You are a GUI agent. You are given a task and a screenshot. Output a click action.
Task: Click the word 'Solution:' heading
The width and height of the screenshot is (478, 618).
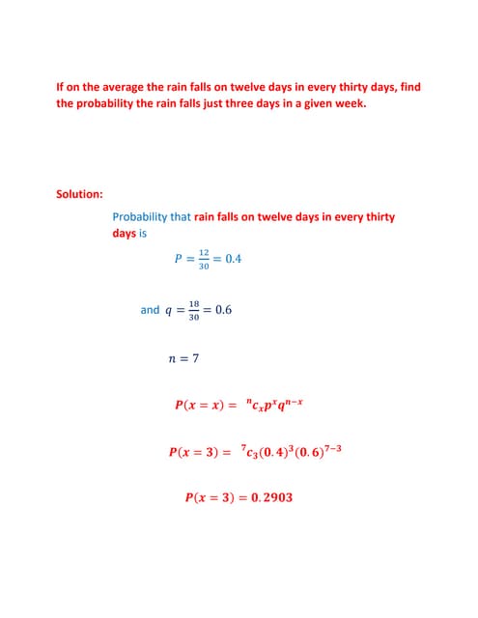pos(79,194)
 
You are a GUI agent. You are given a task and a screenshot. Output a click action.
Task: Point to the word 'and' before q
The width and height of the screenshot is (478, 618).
pos(150,311)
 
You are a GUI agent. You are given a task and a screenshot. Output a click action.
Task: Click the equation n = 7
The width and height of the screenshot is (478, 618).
pos(183,359)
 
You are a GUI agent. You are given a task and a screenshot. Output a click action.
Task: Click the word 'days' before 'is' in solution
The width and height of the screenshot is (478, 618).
pos(124,234)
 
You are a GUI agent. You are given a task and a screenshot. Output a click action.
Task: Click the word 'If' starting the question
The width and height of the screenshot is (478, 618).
pos(61,87)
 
